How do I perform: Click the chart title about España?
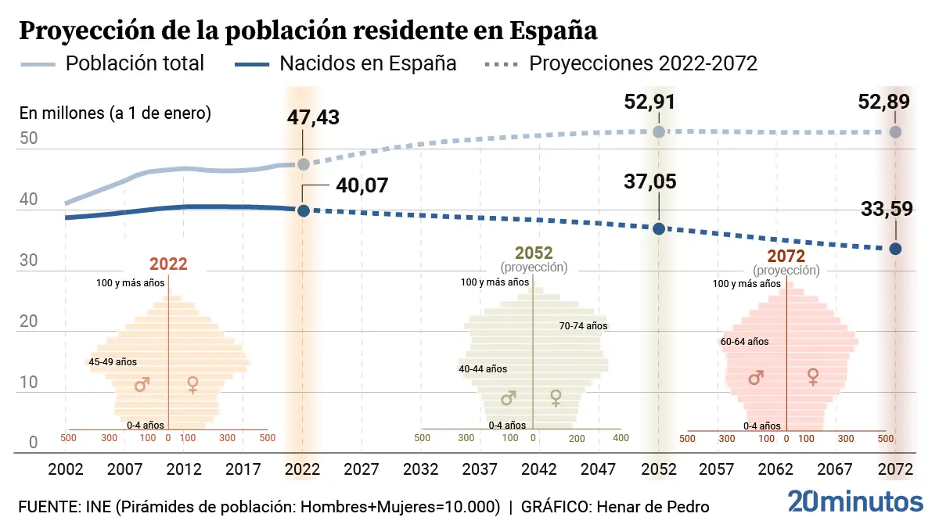coord(308,31)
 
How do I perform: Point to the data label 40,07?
coord(362,185)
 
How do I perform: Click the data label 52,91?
coord(649,102)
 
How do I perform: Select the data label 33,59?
coord(885,211)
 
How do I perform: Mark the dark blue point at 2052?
coord(659,228)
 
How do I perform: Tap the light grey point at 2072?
coord(895,132)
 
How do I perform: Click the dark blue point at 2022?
coord(304,210)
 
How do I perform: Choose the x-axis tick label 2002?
coord(66,469)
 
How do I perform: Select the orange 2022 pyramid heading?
coord(168,264)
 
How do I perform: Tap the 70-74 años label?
coord(583,326)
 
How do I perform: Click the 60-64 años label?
coord(745,342)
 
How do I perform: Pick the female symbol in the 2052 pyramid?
coord(556,398)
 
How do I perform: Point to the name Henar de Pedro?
coord(653,507)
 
